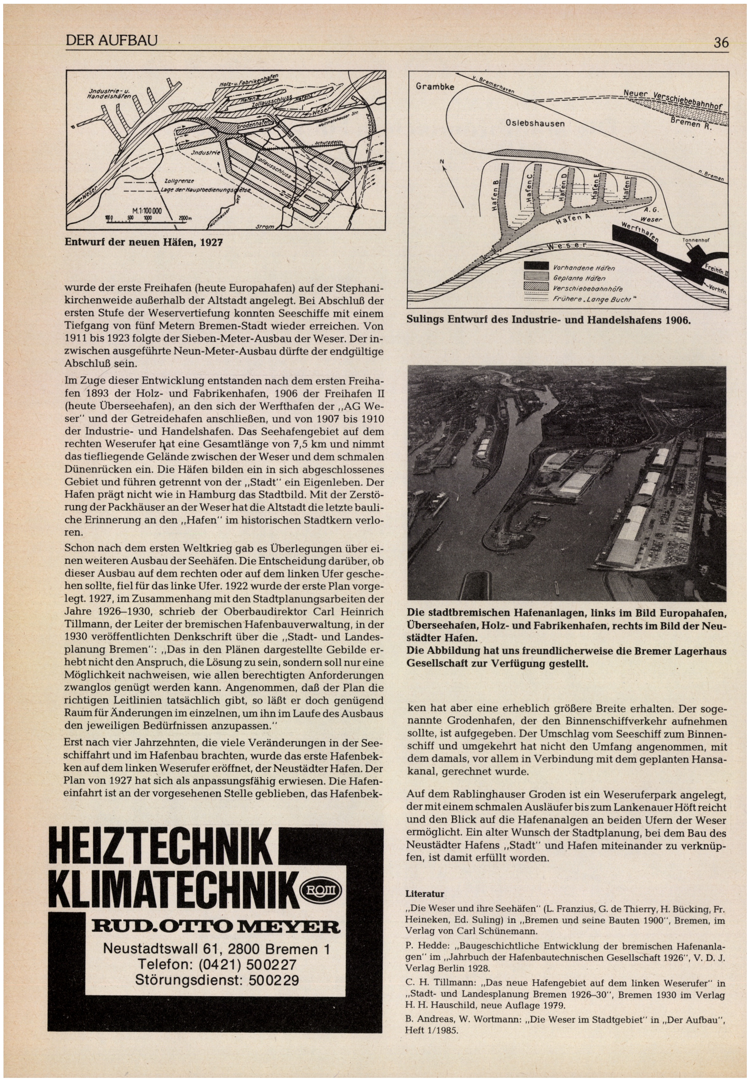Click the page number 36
click(721, 43)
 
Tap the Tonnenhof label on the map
click(696, 239)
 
